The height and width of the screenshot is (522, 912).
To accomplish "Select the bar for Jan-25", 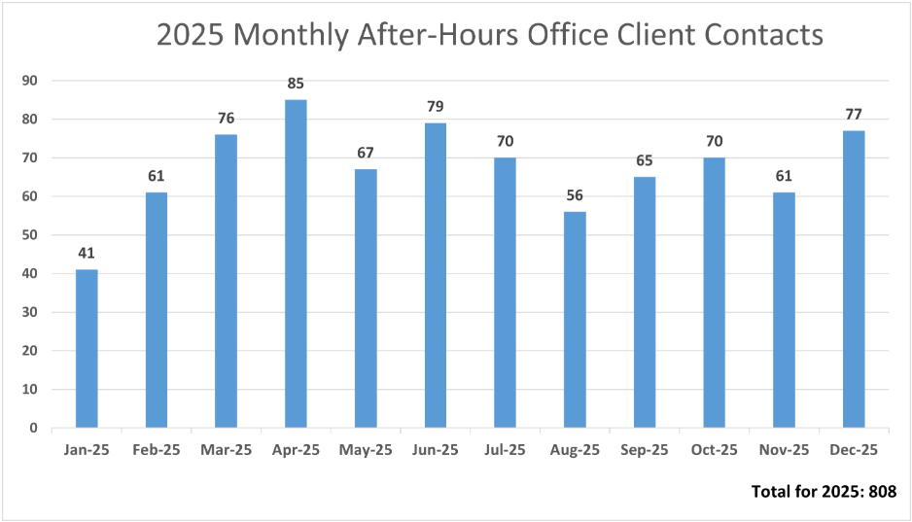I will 87,348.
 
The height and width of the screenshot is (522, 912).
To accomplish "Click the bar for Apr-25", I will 296,263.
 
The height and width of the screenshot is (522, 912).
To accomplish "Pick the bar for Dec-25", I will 854,279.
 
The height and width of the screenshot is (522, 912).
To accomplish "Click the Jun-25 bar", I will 435,275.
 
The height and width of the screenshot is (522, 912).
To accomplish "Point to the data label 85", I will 296,84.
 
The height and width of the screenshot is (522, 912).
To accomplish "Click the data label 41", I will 87,254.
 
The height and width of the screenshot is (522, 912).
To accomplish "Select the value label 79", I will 435,107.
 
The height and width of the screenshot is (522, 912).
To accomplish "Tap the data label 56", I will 575,195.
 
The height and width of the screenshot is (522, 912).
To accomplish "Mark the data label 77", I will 854,115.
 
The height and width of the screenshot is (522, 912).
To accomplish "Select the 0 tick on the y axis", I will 33,428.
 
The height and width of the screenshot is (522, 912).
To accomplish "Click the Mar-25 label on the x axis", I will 227,450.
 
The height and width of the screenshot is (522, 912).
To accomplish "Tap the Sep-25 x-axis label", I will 645,450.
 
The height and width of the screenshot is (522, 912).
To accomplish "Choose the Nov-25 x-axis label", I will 784,450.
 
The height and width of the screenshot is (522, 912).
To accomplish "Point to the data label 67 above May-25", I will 366,154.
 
